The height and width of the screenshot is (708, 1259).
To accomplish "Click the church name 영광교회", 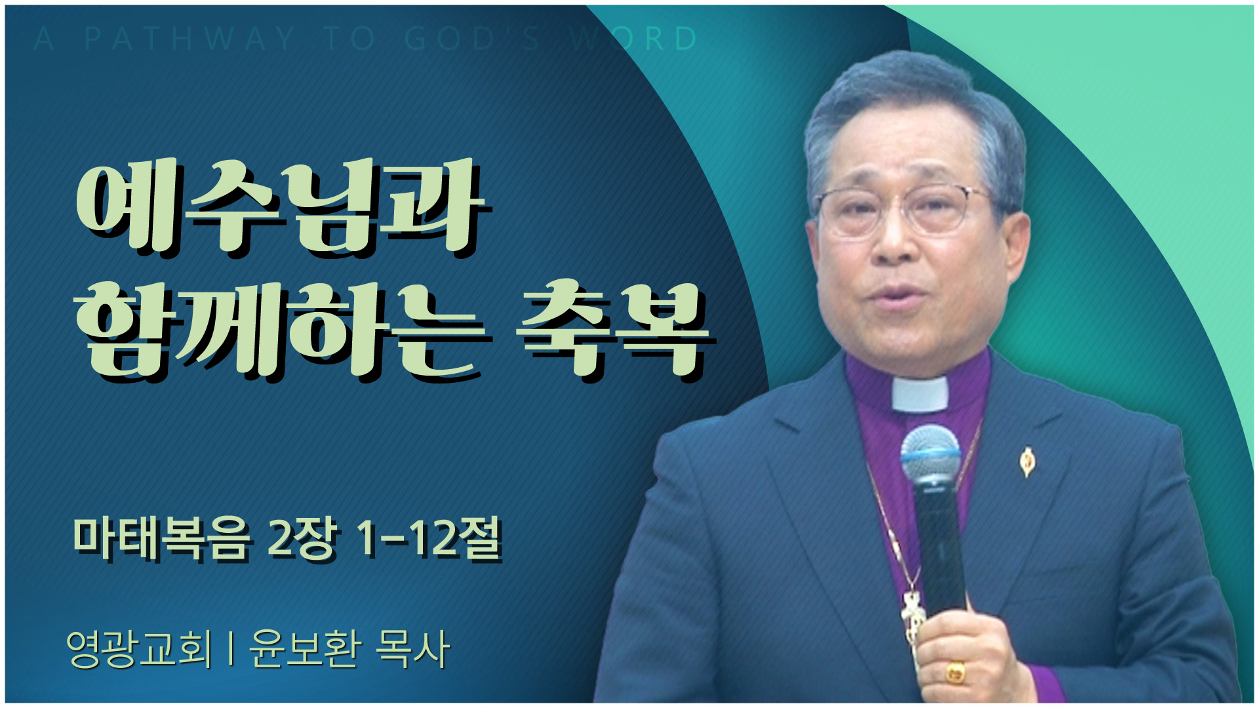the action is coord(140,649).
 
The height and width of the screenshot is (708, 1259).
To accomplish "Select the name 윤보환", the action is coord(305,649).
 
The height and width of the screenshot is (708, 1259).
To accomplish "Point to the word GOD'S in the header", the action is coord(472,39).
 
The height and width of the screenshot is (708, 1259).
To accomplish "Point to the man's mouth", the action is coord(895,292).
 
